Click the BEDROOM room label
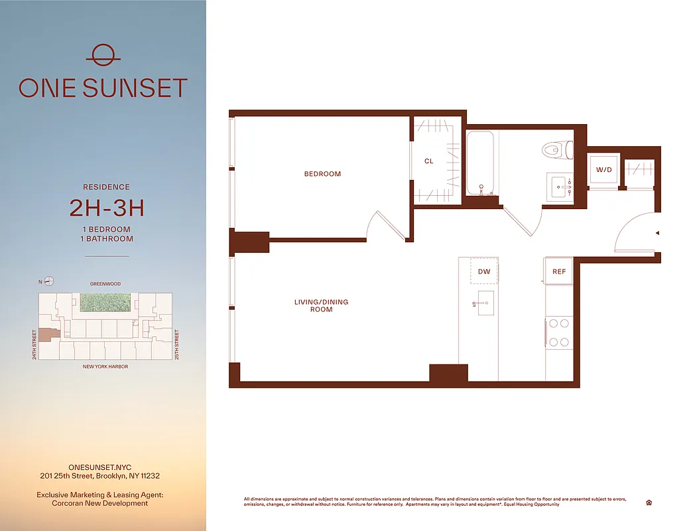[x=322, y=174]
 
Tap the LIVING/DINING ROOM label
[x=321, y=306]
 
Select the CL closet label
[x=429, y=161]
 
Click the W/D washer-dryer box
[x=604, y=171]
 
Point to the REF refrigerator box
[x=559, y=271]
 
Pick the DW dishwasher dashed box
[x=484, y=271]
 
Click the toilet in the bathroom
[x=556, y=150]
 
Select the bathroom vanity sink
[x=559, y=185]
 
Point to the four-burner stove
[x=558, y=333]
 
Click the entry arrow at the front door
[x=656, y=233]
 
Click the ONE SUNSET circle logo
[x=103, y=54]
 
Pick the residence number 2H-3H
[x=107, y=208]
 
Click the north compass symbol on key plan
[x=48, y=281]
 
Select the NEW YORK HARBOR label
[x=105, y=366]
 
